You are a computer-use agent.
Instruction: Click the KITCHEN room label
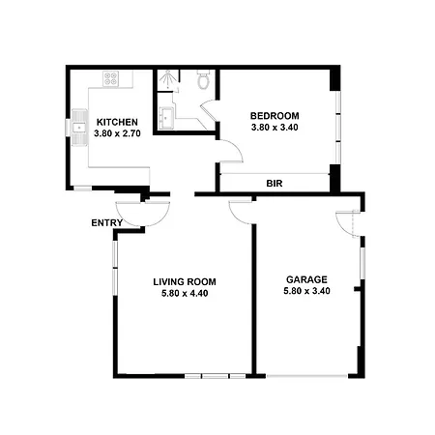(x=117, y=122)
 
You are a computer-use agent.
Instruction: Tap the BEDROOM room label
(x=275, y=116)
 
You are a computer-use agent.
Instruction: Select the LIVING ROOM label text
(x=185, y=282)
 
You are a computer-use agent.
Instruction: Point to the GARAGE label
(x=306, y=279)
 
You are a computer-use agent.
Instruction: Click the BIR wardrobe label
(x=275, y=184)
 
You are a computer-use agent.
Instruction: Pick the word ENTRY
(x=107, y=222)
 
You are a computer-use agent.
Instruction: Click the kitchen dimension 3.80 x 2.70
(x=117, y=133)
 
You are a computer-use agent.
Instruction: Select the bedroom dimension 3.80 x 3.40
(x=275, y=127)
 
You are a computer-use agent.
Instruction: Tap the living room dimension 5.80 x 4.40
(x=185, y=293)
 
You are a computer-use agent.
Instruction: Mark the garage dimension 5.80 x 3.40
(x=306, y=291)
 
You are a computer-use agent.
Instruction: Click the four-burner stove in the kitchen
(x=111, y=78)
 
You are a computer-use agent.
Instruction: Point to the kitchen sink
(x=79, y=128)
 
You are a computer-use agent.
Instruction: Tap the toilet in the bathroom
(x=203, y=79)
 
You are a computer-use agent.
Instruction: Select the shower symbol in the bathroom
(x=168, y=79)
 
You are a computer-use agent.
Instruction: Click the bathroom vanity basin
(x=166, y=118)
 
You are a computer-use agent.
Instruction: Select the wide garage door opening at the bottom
(x=306, y=376)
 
